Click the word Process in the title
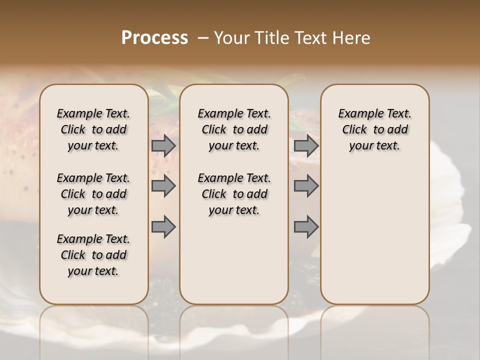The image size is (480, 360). [x=154, y=38]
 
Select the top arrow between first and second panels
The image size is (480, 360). [x=163, y=145]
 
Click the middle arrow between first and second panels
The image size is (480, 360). [x=163, y=186]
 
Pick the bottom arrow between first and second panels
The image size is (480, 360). [x=163, y=226]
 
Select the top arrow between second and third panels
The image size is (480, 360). [x=306, y=145]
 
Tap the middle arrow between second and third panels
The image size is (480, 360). [x=306, y=186]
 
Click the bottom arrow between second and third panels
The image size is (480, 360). [x=306, y=226]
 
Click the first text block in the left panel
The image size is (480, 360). [x=93, y=129]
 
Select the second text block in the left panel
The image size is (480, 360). [x=93, y=194]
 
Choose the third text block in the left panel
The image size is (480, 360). [x=93, y=255]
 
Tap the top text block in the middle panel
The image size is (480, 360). [x=234, y=129]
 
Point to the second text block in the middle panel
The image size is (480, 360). [x=234, y=194]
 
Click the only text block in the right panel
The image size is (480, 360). [x=374, y=129]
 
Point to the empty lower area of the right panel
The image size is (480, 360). [x=374, y=235]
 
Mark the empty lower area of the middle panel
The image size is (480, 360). [x=234, y=260]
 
